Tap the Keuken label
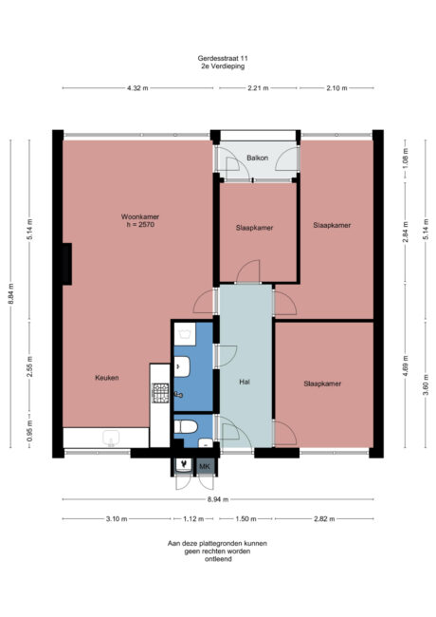(x=106, y=378)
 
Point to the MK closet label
(x=204, y=466)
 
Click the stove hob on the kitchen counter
(x=160, y=390)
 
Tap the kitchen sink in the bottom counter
(x=111, y=438)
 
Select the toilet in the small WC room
(x=185, y=426)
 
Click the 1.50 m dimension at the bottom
(x=245, y=518)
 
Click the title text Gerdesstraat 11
(x=217, y=59)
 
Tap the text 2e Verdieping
(x=217, y=69)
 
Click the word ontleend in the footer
(x=217, y=560)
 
